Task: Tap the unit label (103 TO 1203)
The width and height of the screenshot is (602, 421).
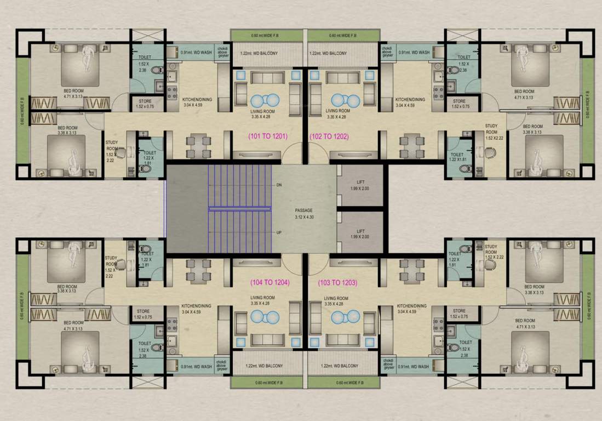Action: click(x=337, y=283)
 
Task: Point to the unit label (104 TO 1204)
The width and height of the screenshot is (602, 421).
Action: click(x=270, y=283)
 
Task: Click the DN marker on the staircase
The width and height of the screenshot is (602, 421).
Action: click(x=279, y=184)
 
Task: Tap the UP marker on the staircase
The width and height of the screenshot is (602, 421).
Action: click(x=279, y=232)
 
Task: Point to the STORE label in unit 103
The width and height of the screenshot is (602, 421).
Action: click(x=460, y=314)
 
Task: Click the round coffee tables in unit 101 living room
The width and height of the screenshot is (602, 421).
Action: click(x=266, y=101)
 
